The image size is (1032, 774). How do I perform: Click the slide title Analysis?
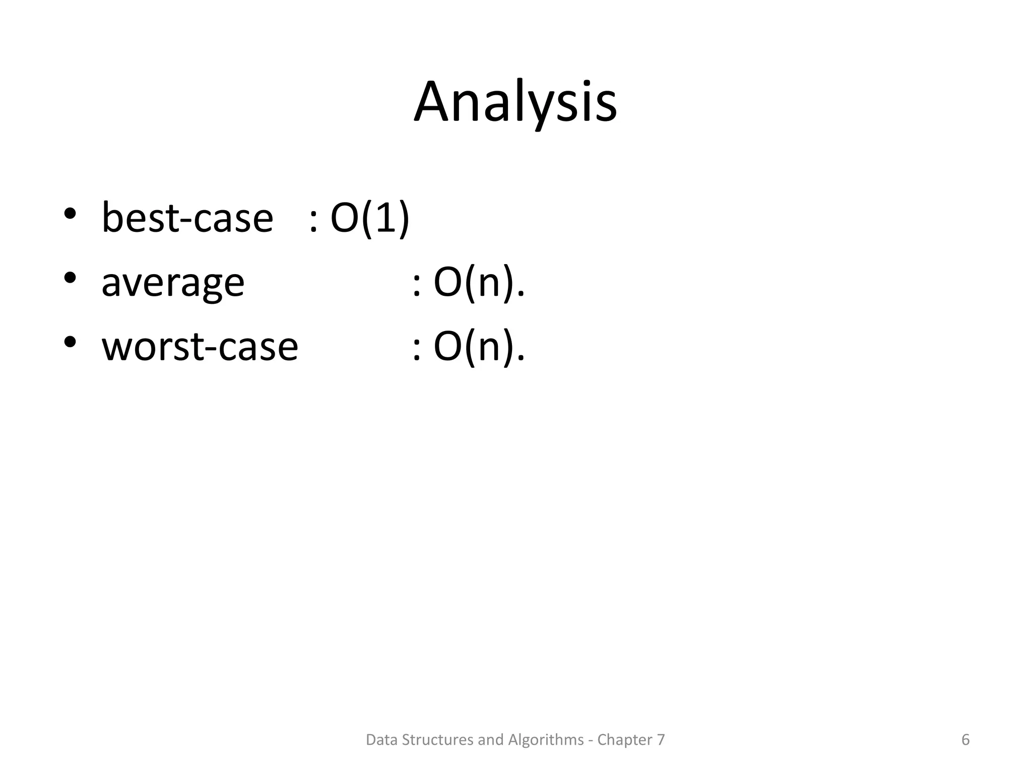(515, 102)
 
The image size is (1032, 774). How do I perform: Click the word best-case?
(187, 218)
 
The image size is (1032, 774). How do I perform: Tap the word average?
(173, 282)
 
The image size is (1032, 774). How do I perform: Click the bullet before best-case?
(70, 213)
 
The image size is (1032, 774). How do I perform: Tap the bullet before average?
(70, 278)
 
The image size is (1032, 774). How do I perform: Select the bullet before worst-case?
(70, 342)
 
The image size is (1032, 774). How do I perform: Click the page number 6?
(965, 740)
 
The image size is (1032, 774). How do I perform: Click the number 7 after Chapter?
(660, 740)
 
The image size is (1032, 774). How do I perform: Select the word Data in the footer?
(379, 740)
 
